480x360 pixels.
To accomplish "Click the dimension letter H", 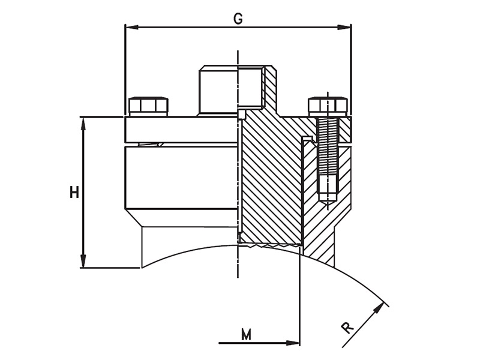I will (x=74, y=192).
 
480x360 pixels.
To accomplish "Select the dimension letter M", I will (x=246, y=334).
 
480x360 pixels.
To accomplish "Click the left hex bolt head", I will (x=148, y=106).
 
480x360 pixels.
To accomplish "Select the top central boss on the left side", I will (x=218, y=90).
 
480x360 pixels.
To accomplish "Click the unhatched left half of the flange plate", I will (x=180, y=130).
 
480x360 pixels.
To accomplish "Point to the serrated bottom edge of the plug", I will (x=270, y=245).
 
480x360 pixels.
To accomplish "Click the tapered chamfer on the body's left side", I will (x=133, y=217).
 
